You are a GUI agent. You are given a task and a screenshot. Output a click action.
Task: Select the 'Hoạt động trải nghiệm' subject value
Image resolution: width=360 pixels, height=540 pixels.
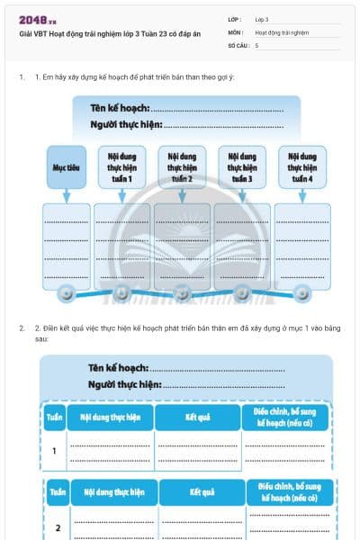click(282, 31)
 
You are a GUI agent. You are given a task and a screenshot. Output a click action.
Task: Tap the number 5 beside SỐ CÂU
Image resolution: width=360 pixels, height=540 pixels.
click(256, 44)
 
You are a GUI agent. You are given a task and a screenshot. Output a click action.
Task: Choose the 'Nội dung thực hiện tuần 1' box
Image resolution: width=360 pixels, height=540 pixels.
click(121, 166)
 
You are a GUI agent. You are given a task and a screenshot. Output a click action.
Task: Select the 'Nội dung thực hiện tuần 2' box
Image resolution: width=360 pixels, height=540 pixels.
click(182, 166)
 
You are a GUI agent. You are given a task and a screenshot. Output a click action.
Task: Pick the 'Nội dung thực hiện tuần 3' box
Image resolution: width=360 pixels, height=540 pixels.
click(241, 166)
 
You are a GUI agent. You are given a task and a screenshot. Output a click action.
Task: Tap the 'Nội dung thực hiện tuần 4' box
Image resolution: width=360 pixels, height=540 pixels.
click(302, 166)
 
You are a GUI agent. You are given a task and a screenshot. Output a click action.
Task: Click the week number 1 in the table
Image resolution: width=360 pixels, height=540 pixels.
click(55, 450)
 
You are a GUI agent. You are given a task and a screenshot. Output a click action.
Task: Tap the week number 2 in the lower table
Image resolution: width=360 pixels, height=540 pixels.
click(57, 526)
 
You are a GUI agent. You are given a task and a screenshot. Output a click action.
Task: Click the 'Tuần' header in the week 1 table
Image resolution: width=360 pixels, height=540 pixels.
click(55, 418)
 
